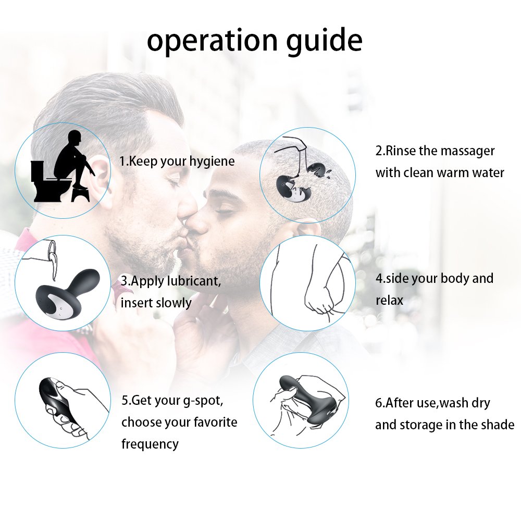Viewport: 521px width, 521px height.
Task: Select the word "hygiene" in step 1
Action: coord(208,162)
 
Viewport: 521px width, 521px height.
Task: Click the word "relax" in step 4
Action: coord(389,300)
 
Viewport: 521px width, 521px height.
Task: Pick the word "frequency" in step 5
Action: coord(150,444)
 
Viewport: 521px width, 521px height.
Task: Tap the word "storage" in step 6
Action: coord(421,425)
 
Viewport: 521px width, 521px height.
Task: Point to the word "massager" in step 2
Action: coord(467,151)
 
